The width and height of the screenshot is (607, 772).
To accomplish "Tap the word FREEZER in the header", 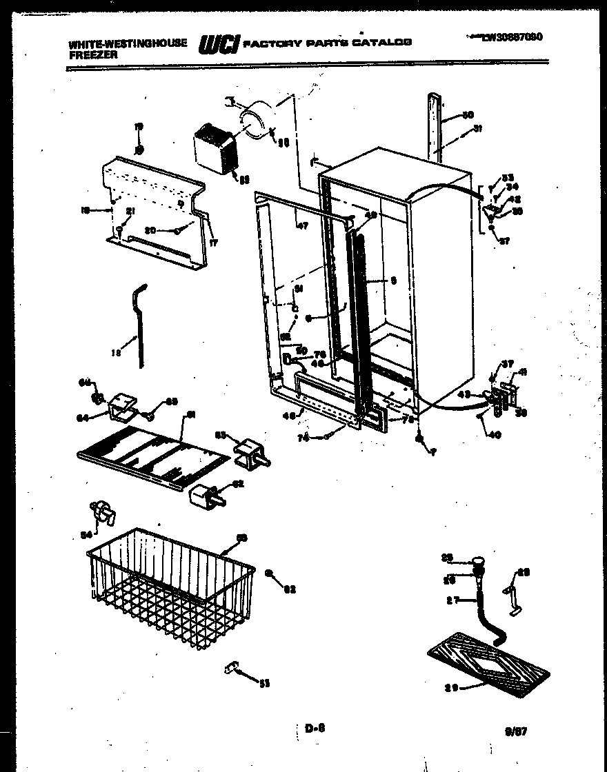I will coord(91,53).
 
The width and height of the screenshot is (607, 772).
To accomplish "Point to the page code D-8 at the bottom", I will coord(314,726).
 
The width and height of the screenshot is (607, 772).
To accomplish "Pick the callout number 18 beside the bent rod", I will coord(115,351).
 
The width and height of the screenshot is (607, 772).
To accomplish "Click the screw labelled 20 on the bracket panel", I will coord(178,230).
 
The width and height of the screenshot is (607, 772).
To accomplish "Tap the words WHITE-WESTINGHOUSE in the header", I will coord(128,43).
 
